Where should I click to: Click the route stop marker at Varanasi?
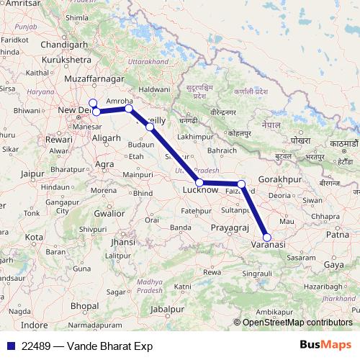[267, 237]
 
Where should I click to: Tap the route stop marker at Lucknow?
[199, 183]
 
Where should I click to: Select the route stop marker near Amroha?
[128, 109]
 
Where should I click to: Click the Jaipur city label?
[33, 174]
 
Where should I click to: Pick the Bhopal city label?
[85, 306]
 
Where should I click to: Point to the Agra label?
[105, 164]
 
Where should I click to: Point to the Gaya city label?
[335, 265]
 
